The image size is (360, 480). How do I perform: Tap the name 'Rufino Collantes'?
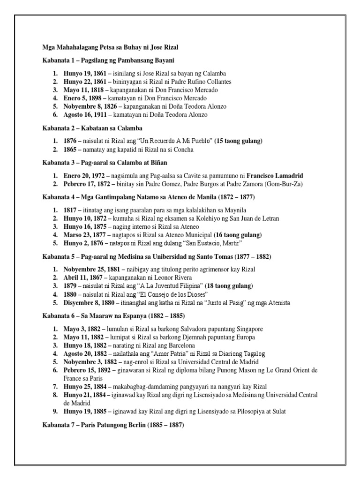pos(195,82)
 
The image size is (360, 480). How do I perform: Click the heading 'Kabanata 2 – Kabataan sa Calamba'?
pos(92,128)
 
